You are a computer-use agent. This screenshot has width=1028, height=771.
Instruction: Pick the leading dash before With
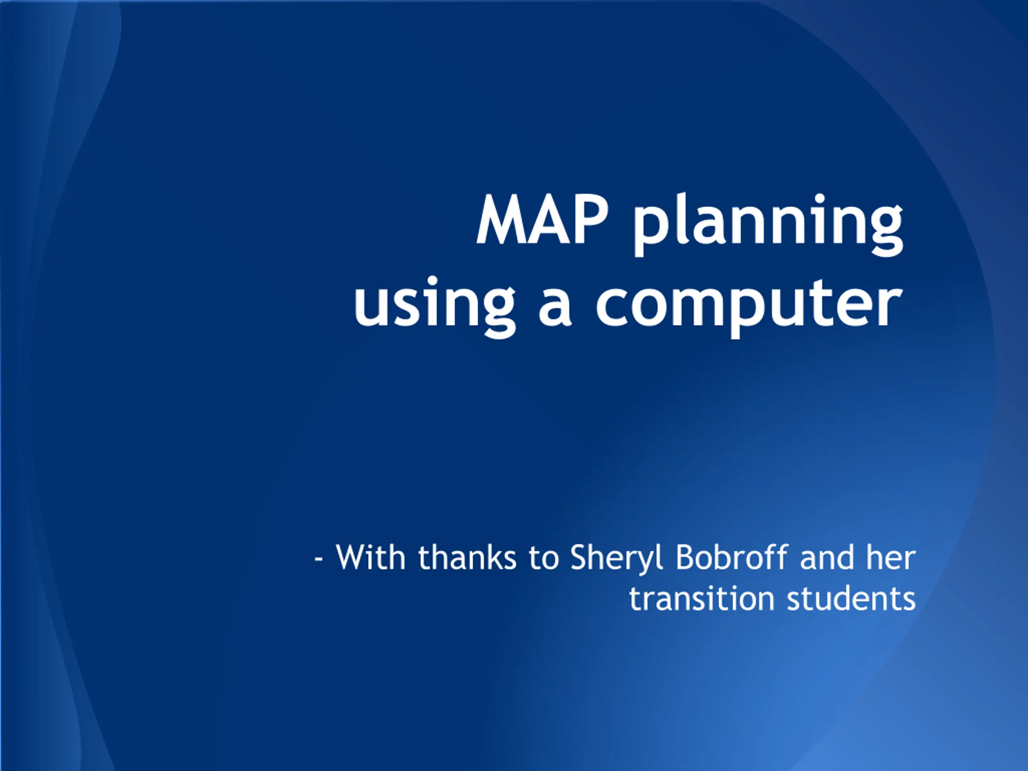(318, 559)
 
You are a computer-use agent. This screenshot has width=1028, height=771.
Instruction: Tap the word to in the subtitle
(543, 559)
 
